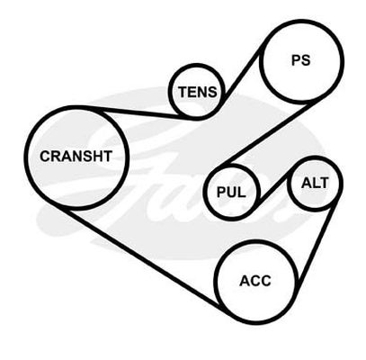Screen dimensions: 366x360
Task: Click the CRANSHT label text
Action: (76, 157)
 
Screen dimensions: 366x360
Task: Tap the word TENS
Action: (198, 92)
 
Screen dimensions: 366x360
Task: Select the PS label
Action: (301, 60)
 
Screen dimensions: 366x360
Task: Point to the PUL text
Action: (231, 193)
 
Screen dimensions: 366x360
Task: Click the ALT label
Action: (315, 183)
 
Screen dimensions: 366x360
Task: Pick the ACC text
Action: (255, 281)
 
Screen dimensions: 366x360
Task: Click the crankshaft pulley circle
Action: (27, 157)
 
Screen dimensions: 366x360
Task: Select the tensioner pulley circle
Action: (170, 92)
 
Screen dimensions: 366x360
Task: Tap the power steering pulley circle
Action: (261, 61)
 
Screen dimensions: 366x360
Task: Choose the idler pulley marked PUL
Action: (205, 193)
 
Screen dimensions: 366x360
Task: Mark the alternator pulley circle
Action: (289, 184)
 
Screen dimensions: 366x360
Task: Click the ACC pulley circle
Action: (215, 283)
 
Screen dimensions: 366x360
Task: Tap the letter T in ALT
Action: (325, 183)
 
